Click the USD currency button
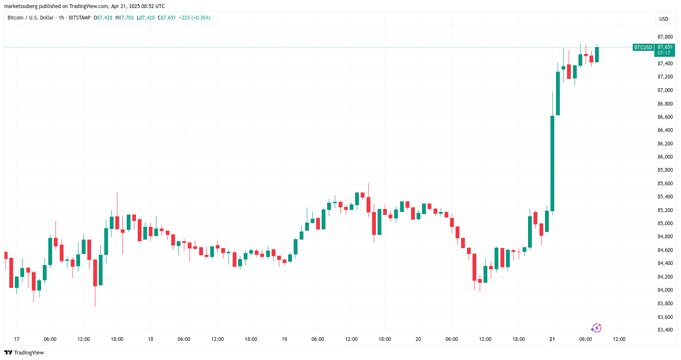point(664,19)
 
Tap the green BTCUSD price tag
point(643,47)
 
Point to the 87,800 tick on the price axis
point(665,37)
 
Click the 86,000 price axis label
point(665,157)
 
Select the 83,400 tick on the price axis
point(665,330)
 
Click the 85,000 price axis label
point(665,223)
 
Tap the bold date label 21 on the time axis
point(552,339)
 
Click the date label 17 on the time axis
point(17,339)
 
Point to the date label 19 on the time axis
point(284,339)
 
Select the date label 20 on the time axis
point(418,339)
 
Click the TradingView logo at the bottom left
point(24,353)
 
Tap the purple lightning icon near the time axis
point(596,328)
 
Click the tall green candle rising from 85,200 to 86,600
point(552,163)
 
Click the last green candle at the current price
point(597,55)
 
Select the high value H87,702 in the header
point(125,18)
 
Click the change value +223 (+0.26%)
point(195,18)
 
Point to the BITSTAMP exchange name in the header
point(80,18)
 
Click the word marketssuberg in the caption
point(21,6)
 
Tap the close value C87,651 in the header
point(167,18)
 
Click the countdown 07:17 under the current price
point(664,53)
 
